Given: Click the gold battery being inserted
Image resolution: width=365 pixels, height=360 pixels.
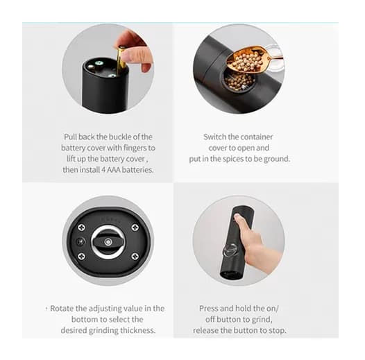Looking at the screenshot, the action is [x=121, y=60].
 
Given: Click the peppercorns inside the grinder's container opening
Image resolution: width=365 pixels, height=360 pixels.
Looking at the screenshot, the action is [x=239, y=81].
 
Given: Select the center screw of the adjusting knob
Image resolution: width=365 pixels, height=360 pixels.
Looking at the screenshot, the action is [x=108, y=242].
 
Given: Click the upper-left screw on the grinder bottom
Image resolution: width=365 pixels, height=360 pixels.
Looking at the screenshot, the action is [x=81, y=228].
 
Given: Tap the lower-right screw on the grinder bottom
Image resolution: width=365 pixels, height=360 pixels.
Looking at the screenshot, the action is [x=135, y=257].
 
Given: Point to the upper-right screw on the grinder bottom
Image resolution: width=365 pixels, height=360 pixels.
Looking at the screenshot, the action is [x=135, y=228].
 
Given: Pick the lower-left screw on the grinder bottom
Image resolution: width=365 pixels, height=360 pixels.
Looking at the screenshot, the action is [x=81, y=256].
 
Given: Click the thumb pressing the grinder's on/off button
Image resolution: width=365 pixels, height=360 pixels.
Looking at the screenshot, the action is [x=238, y=218].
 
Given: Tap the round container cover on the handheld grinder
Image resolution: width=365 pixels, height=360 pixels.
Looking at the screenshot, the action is [x=230, y=250].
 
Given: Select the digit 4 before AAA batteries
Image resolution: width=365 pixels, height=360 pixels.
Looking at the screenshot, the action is [x=103, y=170].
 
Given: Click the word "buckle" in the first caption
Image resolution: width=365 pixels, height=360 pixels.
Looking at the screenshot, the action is [x=119, y=137].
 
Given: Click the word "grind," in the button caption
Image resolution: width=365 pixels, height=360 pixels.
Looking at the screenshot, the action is [x=262, y=320].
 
